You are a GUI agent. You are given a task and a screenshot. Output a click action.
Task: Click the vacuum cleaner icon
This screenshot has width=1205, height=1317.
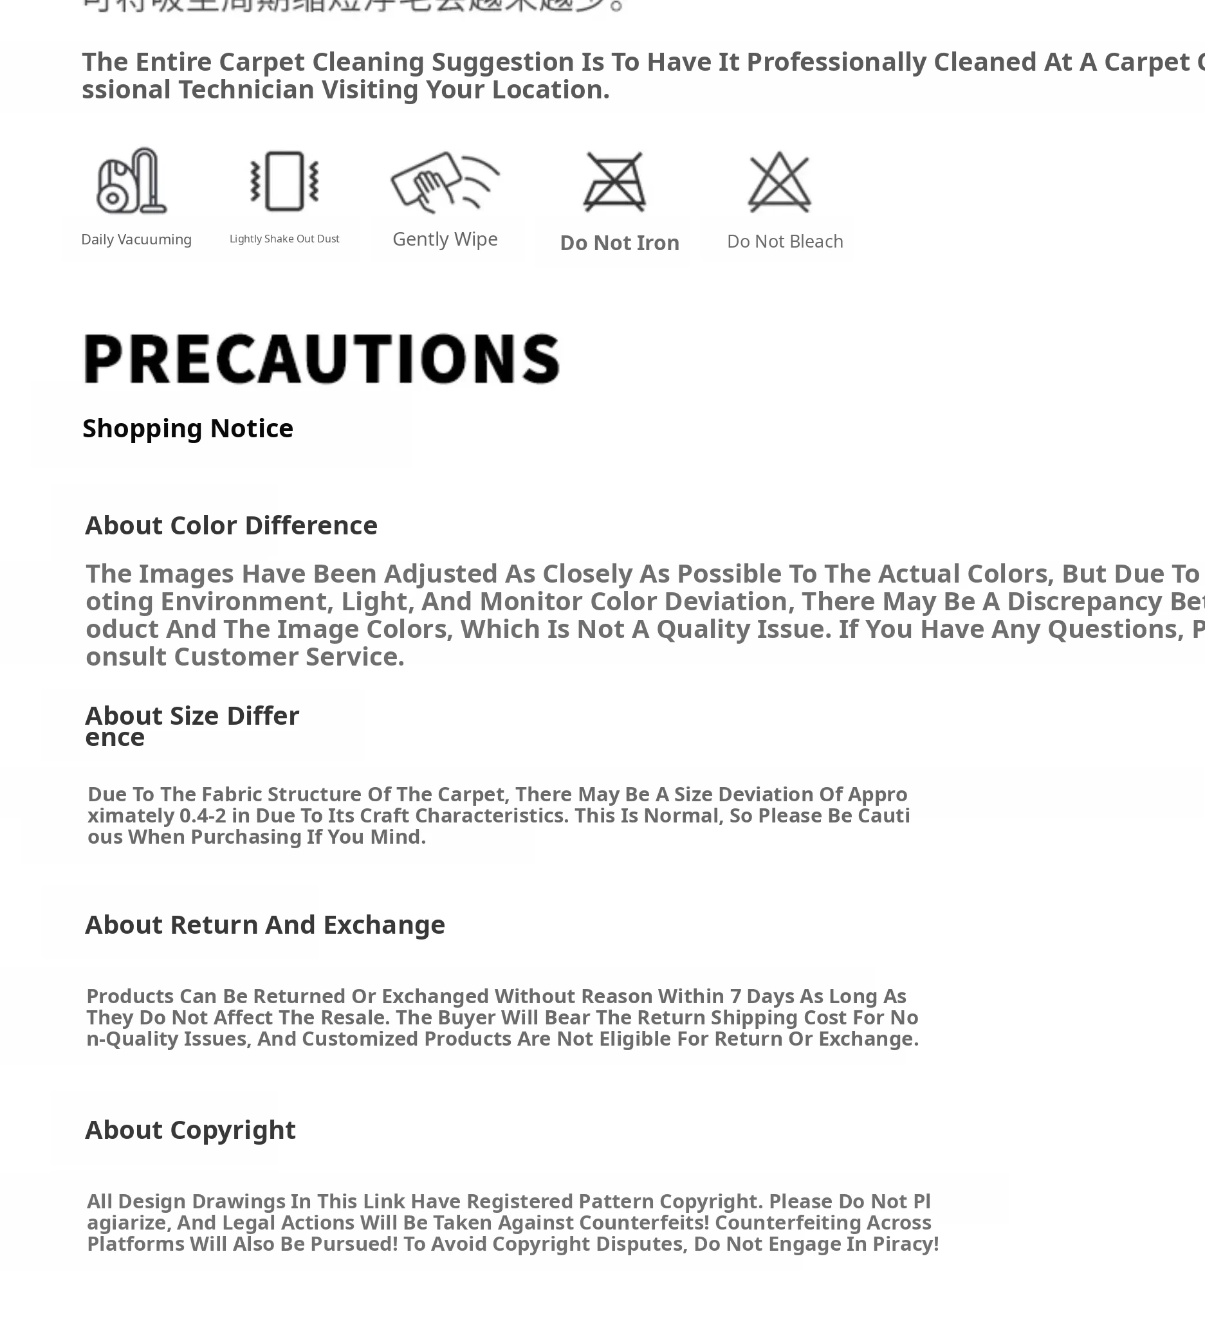(131, 181)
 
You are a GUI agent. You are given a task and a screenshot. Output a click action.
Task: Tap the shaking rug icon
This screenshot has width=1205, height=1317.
(284, 181)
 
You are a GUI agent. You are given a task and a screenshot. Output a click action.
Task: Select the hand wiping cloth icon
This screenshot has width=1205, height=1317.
(445, 181)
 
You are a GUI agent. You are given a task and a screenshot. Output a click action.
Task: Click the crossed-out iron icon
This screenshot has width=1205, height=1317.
(615, 181)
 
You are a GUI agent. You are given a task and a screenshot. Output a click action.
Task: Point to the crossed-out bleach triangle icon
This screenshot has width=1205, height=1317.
(779, 181)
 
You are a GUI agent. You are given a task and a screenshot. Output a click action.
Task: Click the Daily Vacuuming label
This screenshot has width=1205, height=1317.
(136, 240)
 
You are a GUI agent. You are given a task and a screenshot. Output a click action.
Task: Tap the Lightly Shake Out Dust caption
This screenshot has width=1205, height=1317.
(284, 239)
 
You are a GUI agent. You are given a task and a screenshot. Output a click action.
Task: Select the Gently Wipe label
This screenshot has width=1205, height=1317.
(445, 239)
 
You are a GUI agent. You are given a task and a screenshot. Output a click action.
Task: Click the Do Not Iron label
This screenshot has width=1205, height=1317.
(620, 243)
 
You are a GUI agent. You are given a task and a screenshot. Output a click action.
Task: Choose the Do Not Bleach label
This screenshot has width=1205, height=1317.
(785, 242)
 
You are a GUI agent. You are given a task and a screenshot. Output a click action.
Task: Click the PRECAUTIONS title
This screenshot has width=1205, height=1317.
(322, 359)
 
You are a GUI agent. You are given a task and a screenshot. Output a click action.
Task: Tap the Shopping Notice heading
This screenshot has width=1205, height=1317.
(188, 428)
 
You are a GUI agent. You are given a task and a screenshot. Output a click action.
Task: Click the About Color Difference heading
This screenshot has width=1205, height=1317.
(231, 525)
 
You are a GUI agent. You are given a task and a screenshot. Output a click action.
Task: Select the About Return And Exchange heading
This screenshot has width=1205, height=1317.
(264, 925)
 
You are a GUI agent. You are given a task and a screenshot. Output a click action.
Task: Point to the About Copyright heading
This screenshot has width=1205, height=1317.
(190, 1130)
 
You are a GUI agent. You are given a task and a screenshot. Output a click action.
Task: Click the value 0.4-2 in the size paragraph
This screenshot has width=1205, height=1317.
(203, 816)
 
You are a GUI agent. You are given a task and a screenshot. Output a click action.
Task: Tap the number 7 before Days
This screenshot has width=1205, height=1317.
(735, 996)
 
